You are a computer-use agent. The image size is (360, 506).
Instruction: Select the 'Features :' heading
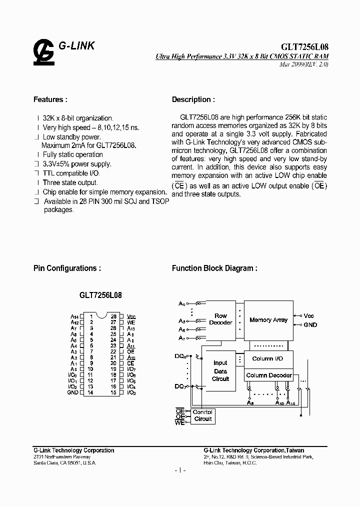click(x=50, y=99)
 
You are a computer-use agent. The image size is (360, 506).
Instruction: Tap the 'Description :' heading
click(x=194, y=99)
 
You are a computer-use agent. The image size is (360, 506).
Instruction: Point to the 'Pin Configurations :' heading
click(x=67, y=268)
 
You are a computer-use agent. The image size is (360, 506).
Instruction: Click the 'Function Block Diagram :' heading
click(x=214, y=268)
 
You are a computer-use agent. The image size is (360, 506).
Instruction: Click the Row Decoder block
click(x=220, y=319)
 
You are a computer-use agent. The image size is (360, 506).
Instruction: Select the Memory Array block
click(x=268, y=320)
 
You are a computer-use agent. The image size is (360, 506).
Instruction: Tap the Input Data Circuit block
click(x=220, y=371)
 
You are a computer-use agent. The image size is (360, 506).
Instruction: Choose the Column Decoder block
click(x=268, y=375)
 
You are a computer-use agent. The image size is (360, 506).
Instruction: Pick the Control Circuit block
click(x=202, y=415)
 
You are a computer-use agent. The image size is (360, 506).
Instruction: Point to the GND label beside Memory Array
click(x=310, y=325)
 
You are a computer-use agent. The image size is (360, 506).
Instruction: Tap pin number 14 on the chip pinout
click(x=90, y=393)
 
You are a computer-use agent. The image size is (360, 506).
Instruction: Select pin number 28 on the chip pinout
click(x=114, y=316)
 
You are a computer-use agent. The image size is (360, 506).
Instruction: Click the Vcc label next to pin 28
click(x=131, y=316)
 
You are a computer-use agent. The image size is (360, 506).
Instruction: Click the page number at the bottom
click(x=180, y=471)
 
